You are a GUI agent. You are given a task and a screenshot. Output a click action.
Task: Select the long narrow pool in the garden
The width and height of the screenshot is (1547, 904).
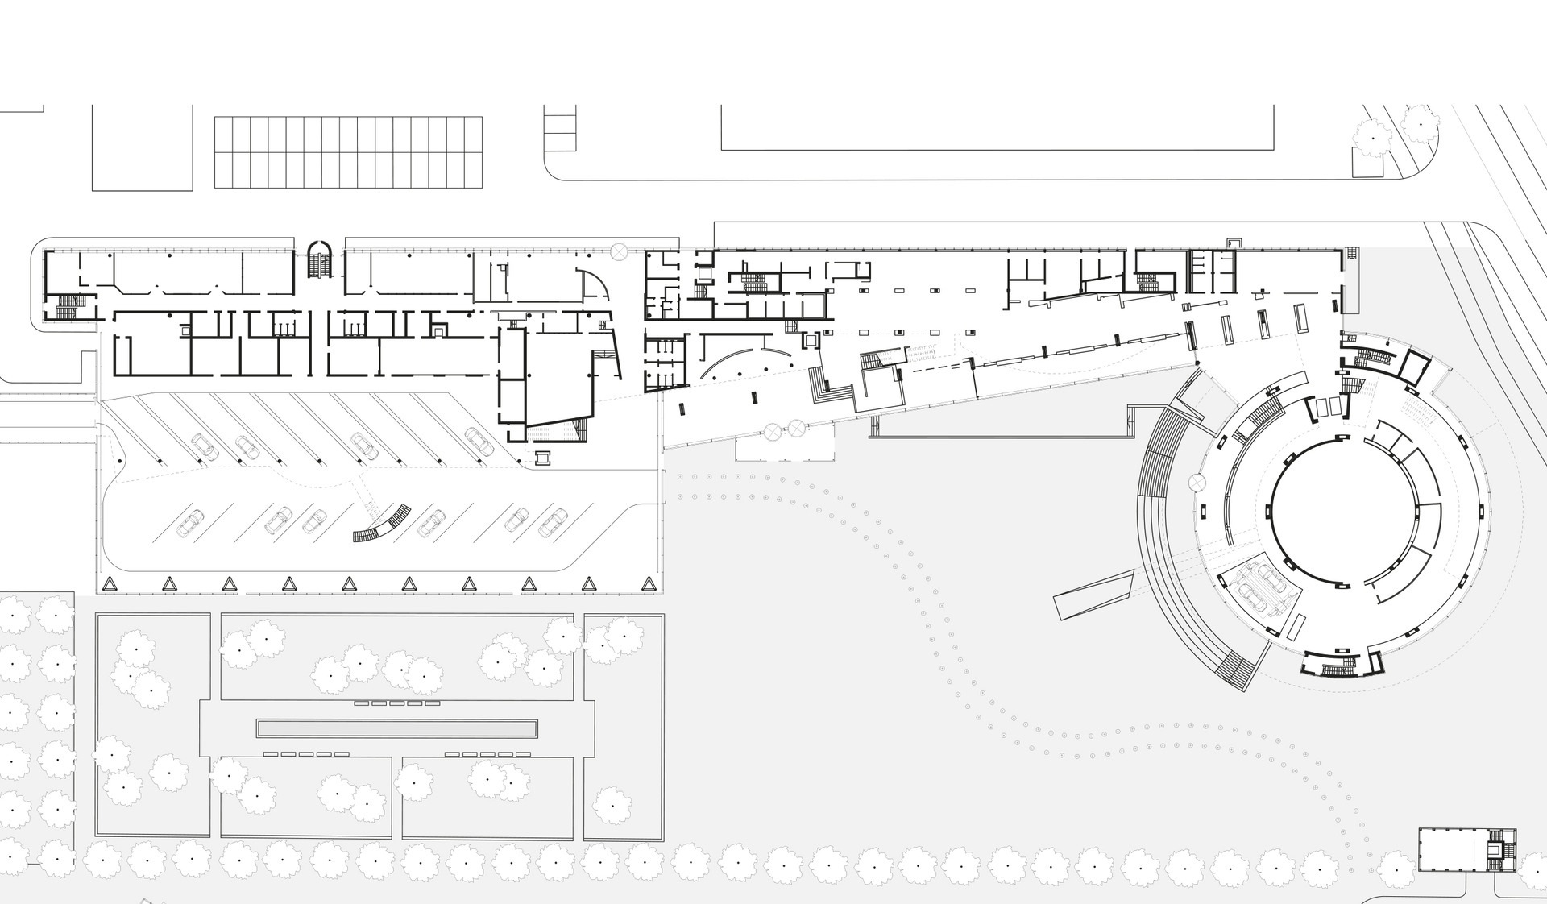396,728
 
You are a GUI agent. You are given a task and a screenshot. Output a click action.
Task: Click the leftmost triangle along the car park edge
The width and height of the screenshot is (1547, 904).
110,583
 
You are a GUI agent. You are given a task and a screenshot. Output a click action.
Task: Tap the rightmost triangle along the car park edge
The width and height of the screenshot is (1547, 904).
649,583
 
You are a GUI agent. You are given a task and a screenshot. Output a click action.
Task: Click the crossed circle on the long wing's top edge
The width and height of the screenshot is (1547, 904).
619,252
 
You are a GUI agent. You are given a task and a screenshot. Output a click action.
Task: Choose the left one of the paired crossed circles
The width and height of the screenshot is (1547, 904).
773,430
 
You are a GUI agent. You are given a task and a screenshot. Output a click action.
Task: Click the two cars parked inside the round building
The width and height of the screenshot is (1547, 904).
1259,587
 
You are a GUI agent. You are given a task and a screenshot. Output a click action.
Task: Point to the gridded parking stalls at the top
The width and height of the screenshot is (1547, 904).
348,152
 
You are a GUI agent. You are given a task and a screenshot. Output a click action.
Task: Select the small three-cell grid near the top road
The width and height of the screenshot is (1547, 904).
560,129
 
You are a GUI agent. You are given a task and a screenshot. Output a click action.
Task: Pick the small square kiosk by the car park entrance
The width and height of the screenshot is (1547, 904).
542,457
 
